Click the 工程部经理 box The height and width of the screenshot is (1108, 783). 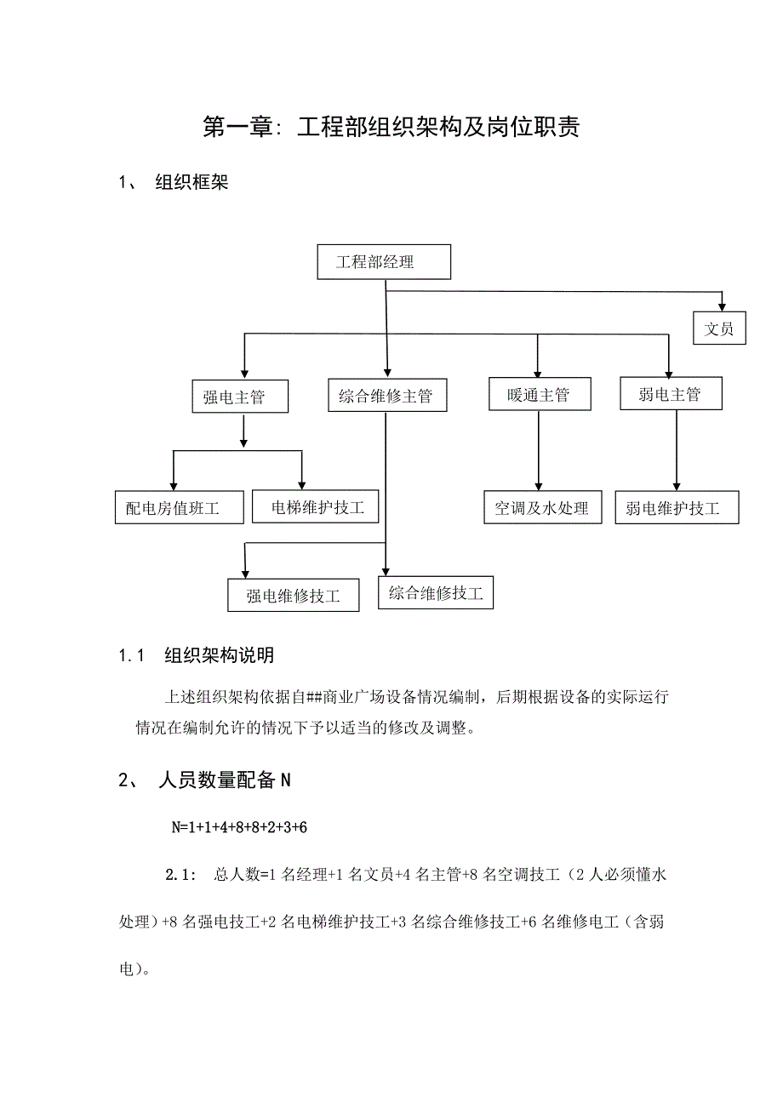click(x=383, y=262)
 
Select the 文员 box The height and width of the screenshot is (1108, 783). click(x=718, y=328)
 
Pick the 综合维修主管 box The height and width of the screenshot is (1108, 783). click(x=386, y=397)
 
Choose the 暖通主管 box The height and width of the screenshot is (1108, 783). click(x=538, y=395)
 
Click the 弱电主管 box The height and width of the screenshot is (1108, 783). click(x=670, y=394)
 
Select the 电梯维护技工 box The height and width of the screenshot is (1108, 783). click(x=316, y=507)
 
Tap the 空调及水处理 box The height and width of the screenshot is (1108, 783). click(x=542, y=508)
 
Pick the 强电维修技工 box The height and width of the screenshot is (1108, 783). click(x=294, y=596)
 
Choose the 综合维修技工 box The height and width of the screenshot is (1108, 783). click(x=435, y=592)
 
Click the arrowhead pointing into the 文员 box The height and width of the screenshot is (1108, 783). click(x=723, y=307)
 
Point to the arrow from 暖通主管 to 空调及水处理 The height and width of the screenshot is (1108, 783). click(x=538, y=451)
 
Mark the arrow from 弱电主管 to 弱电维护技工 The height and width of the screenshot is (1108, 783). click(x=676, y=451)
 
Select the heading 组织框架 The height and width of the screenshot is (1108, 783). click(x=191, y=183)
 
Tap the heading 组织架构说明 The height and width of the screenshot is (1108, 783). click(x=219, y=655)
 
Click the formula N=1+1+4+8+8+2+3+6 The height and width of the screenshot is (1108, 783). click(x=239, y=827)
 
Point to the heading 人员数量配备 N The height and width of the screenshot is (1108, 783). click(x=225, y=780)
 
